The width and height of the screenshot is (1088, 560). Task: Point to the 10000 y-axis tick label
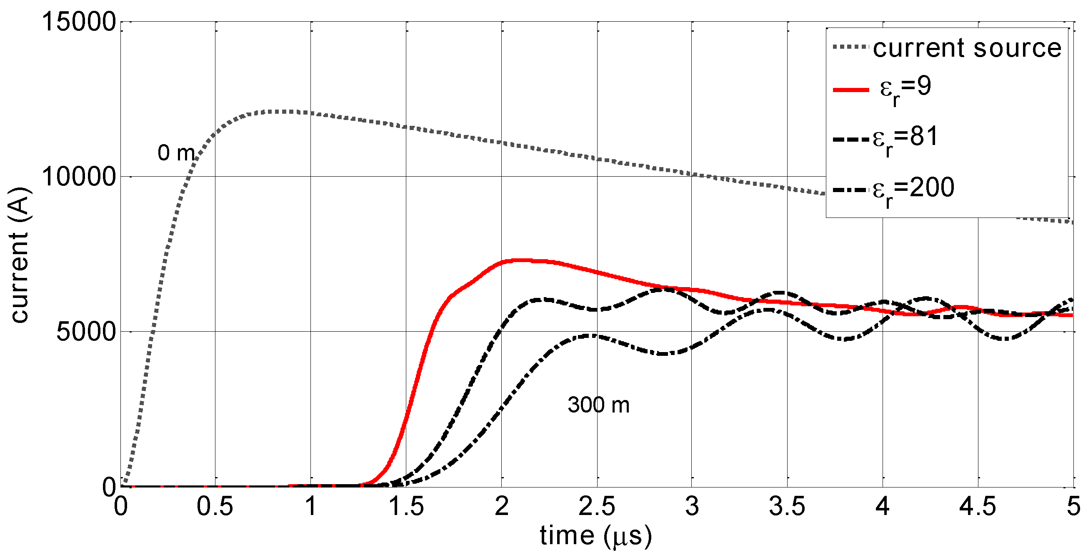tap(79, 177)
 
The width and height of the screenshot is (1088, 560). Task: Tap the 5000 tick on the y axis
tap(86, 332)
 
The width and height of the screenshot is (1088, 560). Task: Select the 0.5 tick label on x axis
tap(215, 506)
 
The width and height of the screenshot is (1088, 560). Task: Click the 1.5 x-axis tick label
tap(406, 506)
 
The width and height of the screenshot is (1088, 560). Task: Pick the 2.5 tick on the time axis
tap(596, 506)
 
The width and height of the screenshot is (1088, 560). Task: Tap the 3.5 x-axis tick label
tap(787, 506)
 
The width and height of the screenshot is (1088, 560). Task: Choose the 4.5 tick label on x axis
tap(977, 506)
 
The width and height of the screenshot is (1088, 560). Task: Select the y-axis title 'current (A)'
tap(19, 255)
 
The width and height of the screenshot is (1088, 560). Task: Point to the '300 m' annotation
tap(598, 405)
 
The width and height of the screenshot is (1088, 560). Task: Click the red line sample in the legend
tap(850, 90)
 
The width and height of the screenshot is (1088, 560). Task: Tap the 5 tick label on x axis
tap(1073, 506)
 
